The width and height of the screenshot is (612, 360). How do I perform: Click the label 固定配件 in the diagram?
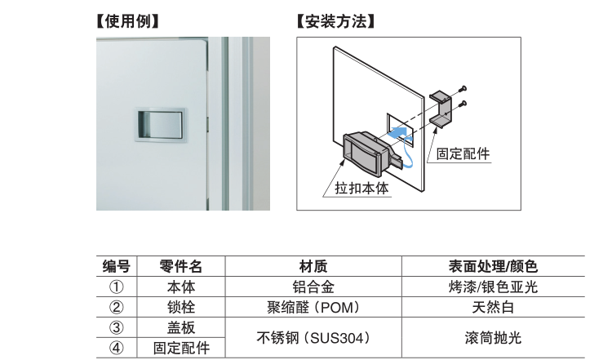pos(463,153)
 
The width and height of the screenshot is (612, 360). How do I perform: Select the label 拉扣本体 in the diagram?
pos(362,188)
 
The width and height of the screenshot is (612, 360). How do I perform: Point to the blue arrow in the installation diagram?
pos(399,131)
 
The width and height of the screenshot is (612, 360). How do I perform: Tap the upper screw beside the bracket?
pos(463,87)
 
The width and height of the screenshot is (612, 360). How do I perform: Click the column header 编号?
pos(116,266)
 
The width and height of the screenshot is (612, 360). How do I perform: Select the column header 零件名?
pos(180,266)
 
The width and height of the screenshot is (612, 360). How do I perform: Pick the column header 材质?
pos(313,266)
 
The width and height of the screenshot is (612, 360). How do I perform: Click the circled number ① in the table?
pos(116,287)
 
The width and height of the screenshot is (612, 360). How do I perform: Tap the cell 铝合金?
pos(313,287)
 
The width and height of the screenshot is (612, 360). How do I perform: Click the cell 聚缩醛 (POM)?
pos(313,308)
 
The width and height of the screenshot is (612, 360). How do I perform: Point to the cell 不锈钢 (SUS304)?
pos(313,338)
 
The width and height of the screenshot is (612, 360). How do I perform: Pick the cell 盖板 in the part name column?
pos(180,328)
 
